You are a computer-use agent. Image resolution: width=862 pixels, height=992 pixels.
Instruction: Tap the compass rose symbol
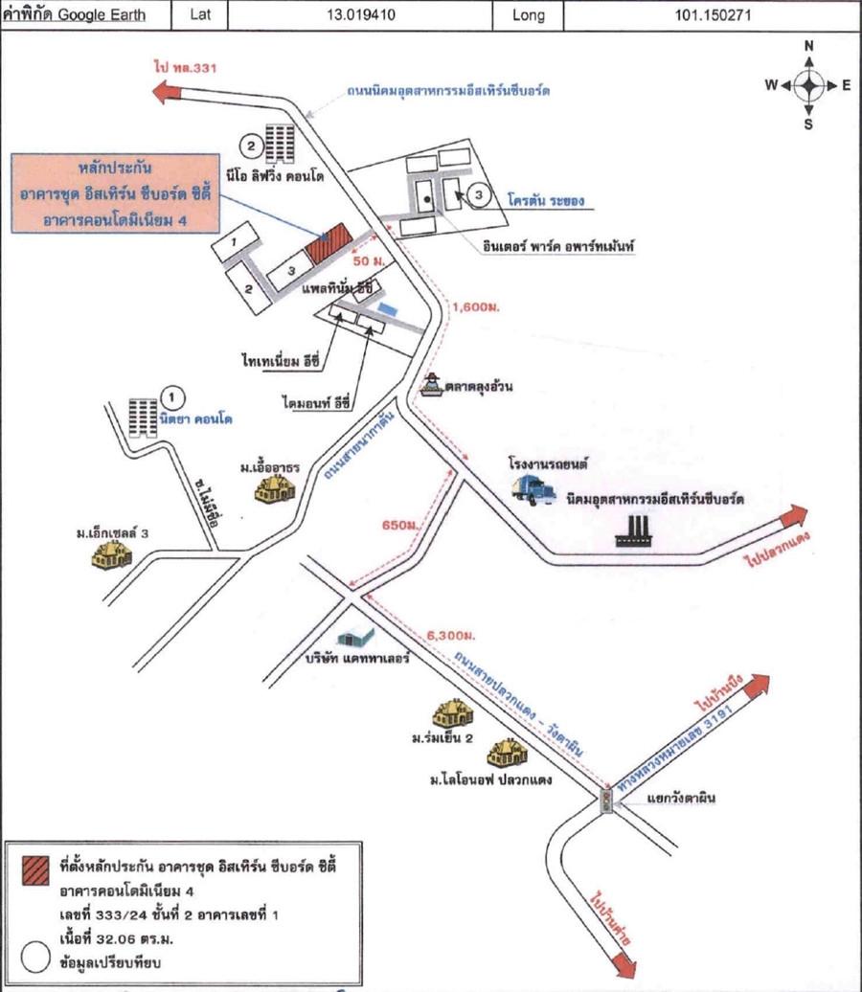pyautogui.click(x=808, y=85)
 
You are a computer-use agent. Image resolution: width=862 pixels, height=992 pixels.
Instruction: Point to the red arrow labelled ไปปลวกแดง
pyautogui.click(x=793, y=518)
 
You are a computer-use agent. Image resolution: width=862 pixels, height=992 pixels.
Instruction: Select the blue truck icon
pyautogui.click(x=533, y=490)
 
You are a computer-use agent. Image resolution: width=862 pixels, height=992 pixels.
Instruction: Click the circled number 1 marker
pyautogui.click(x=171, y=395)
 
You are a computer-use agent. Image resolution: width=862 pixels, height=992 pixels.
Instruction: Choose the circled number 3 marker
pyautogui.click(x=481, y=194)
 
